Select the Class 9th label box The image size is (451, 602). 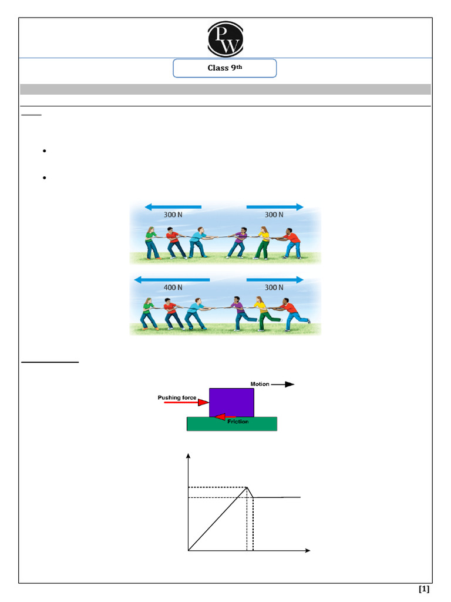[x=224, y=68]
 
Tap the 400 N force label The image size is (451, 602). [x=172, y=287]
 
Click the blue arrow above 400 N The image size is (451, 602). [x=171, y=278]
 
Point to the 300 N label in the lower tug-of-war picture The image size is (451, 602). [x=274, y=287]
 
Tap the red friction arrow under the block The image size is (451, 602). [x=224, y=417]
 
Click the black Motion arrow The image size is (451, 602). [x=282, y=384]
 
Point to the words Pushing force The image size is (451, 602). [x=177, y=397]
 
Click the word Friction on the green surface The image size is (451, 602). [x=238, y=422]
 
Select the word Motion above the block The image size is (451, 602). [x=260, y=384]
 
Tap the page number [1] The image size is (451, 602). [x=424, y=588]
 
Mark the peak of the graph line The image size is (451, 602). [x=247, y=487]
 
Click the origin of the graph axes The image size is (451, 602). [x=189, y=551]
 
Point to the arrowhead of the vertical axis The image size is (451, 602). [x=189, y=456]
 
